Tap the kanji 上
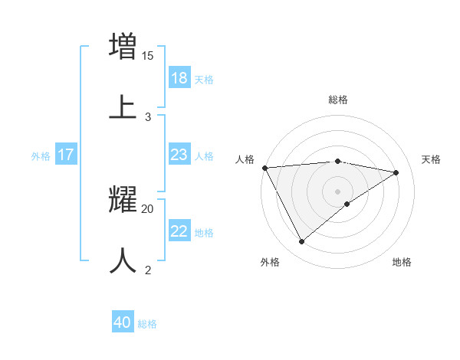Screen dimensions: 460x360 (123, 106)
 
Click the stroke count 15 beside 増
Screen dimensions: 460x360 (148, 55)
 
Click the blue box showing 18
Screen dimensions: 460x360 (179, 78)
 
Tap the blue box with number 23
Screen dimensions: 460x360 (179, 155)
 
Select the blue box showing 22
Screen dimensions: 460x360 (179, 231)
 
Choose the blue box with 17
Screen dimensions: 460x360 (66, 155)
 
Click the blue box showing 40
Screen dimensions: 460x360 (123, 323)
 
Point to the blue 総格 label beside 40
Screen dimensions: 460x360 (147, 324)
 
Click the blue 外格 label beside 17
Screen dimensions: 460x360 (41, 156)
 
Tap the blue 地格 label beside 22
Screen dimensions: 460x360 (204, 233)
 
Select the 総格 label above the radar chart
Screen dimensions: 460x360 (338, 100)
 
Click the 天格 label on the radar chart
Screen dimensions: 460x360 (431, 159)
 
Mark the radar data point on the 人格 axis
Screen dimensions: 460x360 (264, 168)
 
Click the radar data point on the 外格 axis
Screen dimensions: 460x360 (301, 242)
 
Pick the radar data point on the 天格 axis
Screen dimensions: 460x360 (396, 172)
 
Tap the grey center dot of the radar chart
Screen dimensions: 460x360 (338, 191)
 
